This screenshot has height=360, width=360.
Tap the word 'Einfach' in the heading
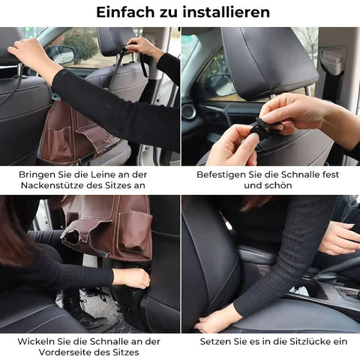coord(126,12)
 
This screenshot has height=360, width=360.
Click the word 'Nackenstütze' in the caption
coord(52,185)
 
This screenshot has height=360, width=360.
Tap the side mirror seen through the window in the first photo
coord(61,54)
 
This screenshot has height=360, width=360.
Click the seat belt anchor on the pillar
coord(332,61)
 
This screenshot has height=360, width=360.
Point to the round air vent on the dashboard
coord(188,111)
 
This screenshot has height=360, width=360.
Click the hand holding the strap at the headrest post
coord(141,48)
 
